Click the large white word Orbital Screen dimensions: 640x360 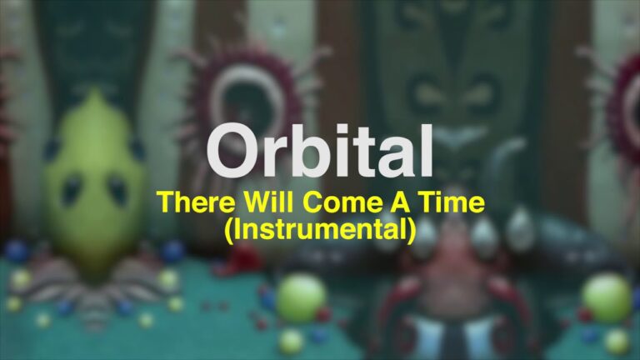click(320, 150)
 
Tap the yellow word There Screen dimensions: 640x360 click(196, 202)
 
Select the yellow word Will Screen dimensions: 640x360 click(268, 202)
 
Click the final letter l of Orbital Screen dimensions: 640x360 click(427, 150)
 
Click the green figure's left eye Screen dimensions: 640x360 click(72, 190)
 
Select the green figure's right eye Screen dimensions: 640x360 click(117, 190)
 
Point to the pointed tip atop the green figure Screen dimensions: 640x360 click(95, 91)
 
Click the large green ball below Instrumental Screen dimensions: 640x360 click(301, 298)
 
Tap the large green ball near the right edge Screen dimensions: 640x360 click(607, 298)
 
